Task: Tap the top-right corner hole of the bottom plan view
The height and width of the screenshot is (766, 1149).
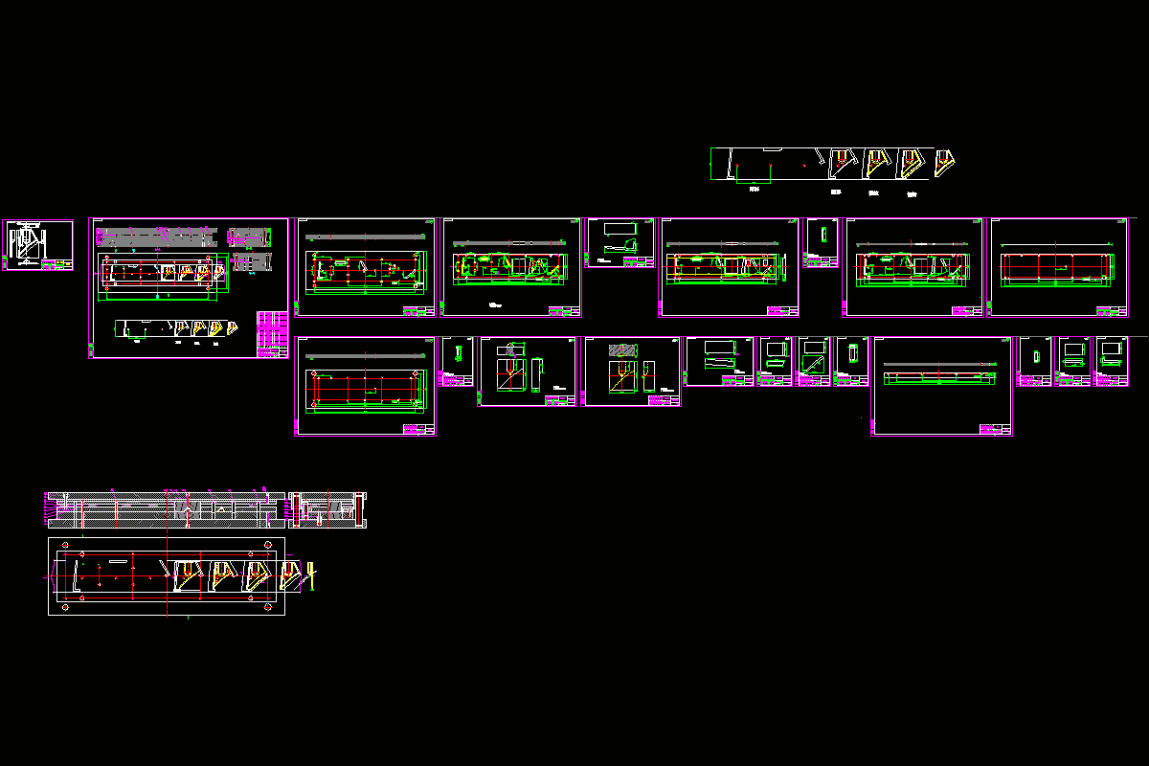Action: pyautogui.click(x=267, y=546)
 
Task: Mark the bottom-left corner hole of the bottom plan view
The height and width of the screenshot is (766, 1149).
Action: pyautogui.click(x=65, y=608)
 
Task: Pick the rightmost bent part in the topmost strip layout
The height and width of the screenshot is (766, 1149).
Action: pyautogui.click(x=946, y=160)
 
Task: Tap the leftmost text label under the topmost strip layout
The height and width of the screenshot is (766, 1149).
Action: pyautogui.click(x=754, y=190)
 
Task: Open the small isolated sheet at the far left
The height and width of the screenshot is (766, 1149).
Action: pyautogui.click(x=39, y=245)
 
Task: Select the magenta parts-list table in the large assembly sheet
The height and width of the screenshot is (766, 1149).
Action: pyautogui.click(x=272, y=334)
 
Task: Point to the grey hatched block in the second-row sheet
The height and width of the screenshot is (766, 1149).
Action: pyautogui.click(x=623, y=349)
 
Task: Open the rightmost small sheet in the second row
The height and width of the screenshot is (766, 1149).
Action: pyautogui.click(x=1112, y=361)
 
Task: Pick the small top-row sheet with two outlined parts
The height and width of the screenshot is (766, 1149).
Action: pyautogui.click(x=620, y=242)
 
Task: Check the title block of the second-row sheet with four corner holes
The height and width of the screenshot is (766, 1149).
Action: pyautogui.click(x=417, y=429)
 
